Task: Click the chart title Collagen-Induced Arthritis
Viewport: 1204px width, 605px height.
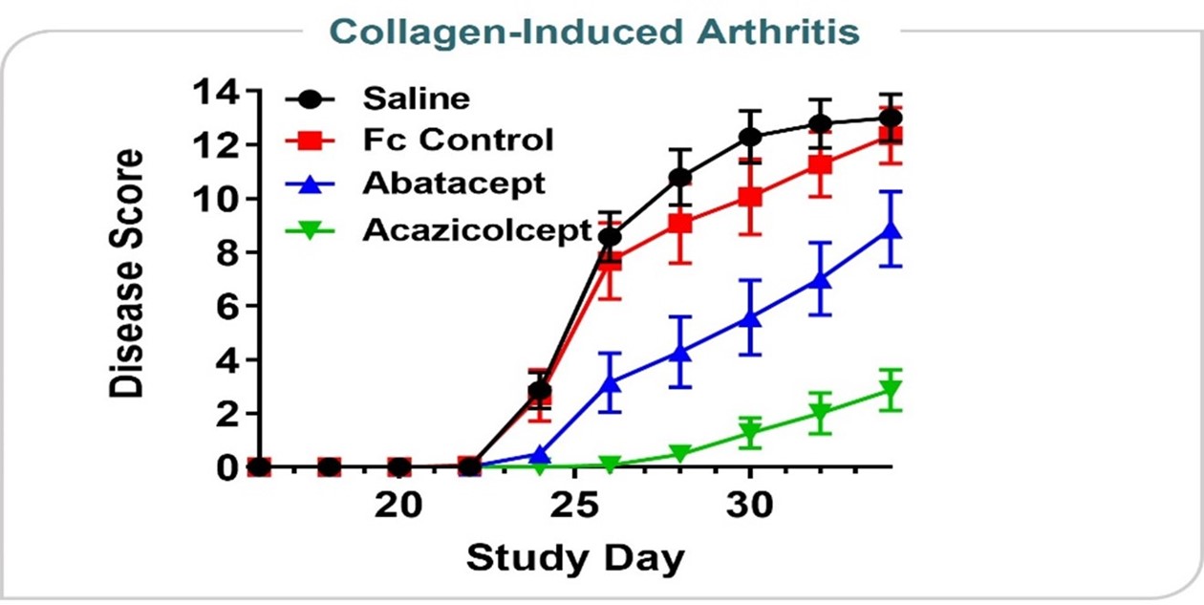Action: (x=600, y=31)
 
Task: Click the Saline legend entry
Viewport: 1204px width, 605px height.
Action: (x=416, y=98)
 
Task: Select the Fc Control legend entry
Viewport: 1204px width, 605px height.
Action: (x=457, y=140)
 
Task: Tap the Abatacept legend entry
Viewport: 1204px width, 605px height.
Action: (x=454, y=183)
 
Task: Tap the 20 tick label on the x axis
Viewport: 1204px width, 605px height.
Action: (x=398, y=505)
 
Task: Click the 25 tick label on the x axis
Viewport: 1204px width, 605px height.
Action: (x=574, y=505)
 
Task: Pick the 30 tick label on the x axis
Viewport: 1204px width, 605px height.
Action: (x=750, y=505)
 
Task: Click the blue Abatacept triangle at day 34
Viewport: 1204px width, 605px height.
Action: (x=891, y=230)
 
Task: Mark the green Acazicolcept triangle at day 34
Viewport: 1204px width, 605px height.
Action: (x=891, y=390)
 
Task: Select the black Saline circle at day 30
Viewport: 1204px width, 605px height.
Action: (x=750, y=137)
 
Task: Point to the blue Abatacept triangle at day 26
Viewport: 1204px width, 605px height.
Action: (x=610, y=383)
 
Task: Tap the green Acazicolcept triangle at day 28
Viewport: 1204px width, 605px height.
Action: (x=680, y=453)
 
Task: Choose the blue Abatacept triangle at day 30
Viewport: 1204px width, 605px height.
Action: (x=750, y=317)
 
